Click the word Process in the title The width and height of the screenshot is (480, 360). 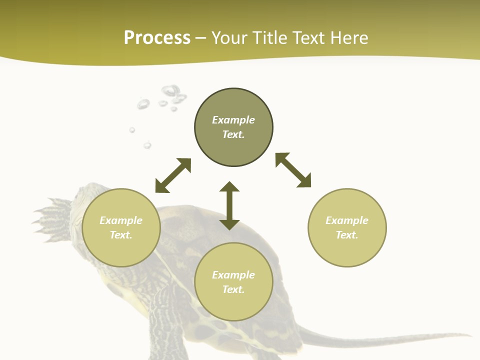point(157,38)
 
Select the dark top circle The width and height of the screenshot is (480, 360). point(233,127)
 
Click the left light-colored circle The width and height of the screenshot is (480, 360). point(121,227)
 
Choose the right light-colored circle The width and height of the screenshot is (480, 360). point(347,227)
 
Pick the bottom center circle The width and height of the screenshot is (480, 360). point(233,282)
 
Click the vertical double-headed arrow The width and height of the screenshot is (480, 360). point(229,205)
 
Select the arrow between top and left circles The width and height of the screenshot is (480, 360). point(173,175)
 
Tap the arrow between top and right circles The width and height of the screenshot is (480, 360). point(293,170)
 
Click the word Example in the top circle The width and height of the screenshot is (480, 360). point(233,120)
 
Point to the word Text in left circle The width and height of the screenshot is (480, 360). point(121,235)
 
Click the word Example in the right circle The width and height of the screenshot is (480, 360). point(347,220)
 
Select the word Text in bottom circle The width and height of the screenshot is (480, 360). point(233,289)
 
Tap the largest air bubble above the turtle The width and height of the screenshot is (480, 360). point(170,91)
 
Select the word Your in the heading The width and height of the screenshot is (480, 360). point(228,38)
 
